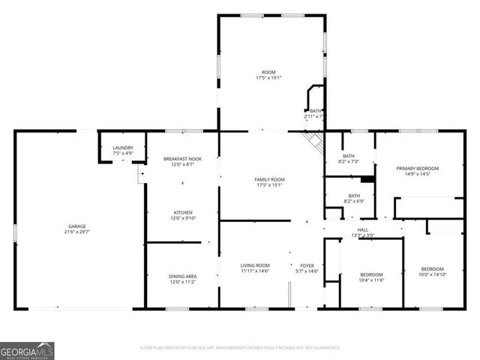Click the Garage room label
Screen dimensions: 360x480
pos(77,226)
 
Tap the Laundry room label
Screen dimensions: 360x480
pos(122,148)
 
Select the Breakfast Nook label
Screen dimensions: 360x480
pos(183,159)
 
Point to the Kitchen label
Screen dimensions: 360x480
pos(183,212)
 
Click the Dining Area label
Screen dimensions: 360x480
pos(182,277)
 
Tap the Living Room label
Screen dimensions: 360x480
pos(255,265)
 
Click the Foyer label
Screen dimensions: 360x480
pos(307,265)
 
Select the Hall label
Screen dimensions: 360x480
pos(363,229)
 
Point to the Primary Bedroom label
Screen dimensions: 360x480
pos(418,168)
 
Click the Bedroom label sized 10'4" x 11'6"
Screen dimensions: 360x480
pos(371,274)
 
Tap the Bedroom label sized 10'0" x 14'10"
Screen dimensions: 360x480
pos(432,268)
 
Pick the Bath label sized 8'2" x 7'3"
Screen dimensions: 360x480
pos(349,155)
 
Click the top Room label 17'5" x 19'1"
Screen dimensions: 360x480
pos(268,72)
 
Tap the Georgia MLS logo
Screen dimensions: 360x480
pos(27,350)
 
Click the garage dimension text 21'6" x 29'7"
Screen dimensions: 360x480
pos(77,232)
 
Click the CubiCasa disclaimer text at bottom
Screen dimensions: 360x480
pos(240,348)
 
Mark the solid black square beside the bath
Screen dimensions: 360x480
pos(367,179)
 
